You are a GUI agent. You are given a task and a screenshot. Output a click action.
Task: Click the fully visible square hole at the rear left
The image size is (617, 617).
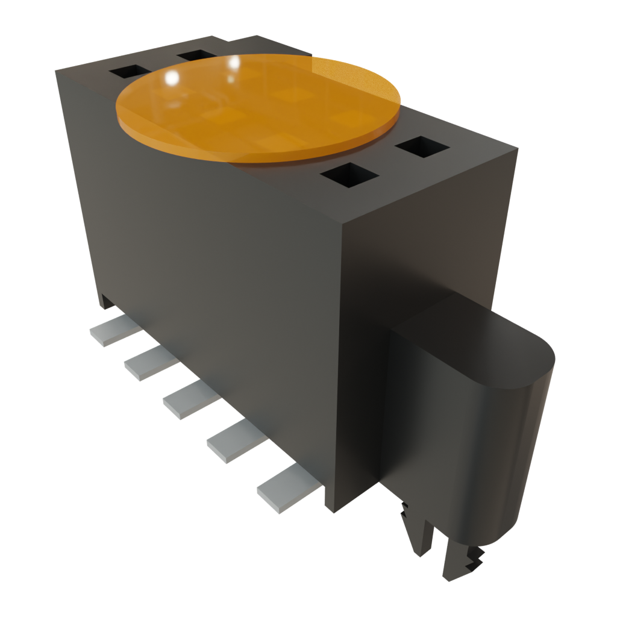[x=130, y=72]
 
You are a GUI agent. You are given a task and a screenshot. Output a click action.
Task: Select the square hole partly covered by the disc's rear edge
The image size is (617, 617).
[x=196, y=56]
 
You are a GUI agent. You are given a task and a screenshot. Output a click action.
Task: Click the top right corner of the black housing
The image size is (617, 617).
[x=517, y=148]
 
